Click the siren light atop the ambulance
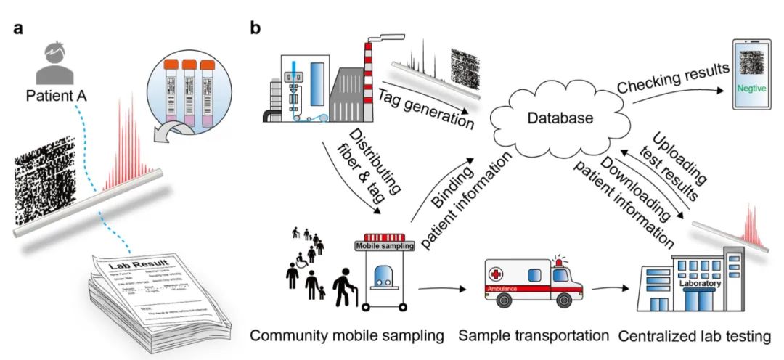tap(558, 258)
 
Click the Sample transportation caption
tap(534, 335)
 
